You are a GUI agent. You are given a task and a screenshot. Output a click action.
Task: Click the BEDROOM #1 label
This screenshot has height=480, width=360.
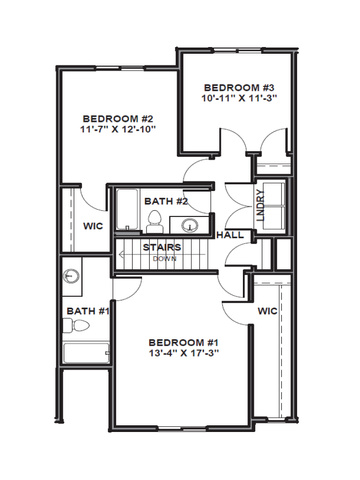tap(183, 342)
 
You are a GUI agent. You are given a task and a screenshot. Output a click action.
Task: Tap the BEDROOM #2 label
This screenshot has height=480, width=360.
tap(118, 119)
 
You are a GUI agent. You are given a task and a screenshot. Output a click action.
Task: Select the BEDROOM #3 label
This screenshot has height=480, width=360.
tap(239, 88)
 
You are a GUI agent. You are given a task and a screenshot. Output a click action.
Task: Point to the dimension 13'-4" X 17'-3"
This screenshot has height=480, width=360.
tap(184, 353)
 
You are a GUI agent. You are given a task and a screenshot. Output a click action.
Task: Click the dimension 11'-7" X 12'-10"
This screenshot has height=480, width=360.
tap(118, 129)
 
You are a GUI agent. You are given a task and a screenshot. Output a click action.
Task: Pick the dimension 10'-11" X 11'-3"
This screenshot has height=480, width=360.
tap(239, 98)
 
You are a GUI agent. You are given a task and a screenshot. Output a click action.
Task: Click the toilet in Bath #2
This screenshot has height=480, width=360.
tap(154, 222)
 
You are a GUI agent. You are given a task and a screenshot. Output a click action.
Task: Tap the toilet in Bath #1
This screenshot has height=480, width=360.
tap(76, 325)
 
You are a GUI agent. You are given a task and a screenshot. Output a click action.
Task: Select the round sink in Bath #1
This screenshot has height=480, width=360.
tap(71, 276)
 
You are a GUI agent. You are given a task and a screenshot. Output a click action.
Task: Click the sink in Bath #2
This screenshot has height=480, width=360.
tap(190, 225)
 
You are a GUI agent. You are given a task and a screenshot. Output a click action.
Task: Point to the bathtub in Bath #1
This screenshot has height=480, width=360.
tap(86, 353)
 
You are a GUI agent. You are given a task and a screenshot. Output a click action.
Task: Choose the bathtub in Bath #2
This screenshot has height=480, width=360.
tap(127, 209)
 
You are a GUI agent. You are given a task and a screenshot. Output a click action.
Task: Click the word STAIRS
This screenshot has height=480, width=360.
tap(162, 247)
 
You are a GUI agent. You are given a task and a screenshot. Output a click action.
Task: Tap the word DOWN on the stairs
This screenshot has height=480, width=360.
tap(165, 259)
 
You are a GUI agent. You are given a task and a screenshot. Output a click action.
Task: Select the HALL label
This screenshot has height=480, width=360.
tap(230, 235)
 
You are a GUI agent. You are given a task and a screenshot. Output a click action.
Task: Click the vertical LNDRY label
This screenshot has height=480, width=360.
tap(261, 205)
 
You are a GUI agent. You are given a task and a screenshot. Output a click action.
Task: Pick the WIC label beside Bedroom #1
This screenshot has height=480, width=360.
tap(267, 311)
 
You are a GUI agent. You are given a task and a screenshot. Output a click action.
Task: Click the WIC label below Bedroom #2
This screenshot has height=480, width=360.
tap(93, 226)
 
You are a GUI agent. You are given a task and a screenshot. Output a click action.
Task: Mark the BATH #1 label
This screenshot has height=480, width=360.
tap(88, 311)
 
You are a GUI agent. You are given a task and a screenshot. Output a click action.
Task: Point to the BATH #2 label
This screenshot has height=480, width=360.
tap(166, 201)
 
